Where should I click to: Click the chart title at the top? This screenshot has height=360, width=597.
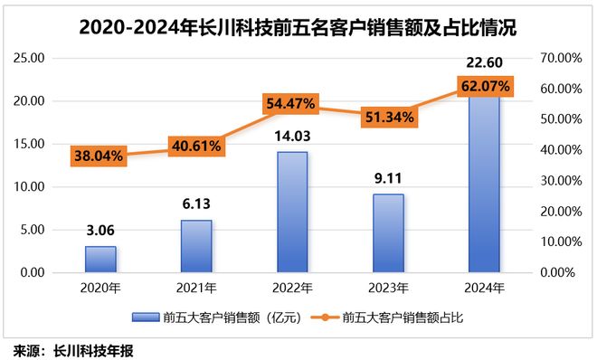click(298, 28)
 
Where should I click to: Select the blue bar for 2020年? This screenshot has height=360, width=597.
click(100, 259)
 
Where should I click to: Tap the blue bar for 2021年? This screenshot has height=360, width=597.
click(196, 245)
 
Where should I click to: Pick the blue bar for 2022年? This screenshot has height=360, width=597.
click(292, 212)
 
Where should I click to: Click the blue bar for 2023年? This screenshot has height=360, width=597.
click(388, 232)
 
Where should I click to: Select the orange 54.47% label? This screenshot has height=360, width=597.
click(290, 105)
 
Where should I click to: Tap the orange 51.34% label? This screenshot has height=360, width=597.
click(389, 116)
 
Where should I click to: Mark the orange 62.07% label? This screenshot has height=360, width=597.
click(485, 87)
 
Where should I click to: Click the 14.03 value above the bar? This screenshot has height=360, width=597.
click(291, 136)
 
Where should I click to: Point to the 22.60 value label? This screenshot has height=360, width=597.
click(484, 62)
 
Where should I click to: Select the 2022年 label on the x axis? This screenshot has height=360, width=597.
click(292, 289)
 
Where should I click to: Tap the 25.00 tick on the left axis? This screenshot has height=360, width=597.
click(30, 58)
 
